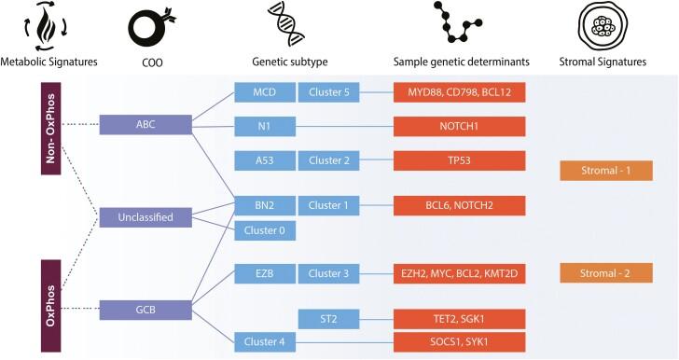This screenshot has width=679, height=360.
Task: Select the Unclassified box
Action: coord(145,217)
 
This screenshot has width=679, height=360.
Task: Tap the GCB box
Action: coord(145,308)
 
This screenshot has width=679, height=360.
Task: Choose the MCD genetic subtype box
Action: coord(262,92)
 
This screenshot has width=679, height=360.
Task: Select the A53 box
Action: coord(262,159)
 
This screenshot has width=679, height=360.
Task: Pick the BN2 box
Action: coord(262,204)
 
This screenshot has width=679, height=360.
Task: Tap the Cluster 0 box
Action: coord(262,228)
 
